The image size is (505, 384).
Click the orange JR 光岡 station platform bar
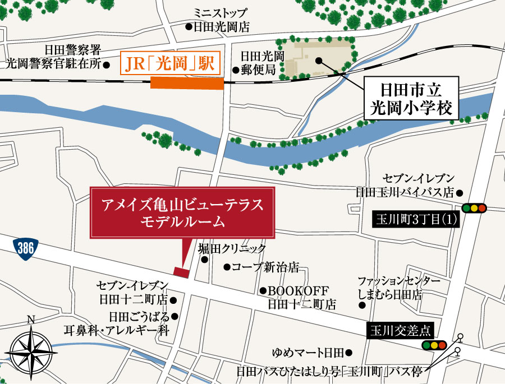187,84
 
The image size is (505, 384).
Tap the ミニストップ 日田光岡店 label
219,20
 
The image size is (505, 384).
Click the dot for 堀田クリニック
204,260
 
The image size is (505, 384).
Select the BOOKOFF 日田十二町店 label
300,298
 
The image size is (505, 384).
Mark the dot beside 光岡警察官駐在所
107,64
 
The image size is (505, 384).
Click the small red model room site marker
181,272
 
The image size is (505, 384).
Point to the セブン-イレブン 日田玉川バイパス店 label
409,185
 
